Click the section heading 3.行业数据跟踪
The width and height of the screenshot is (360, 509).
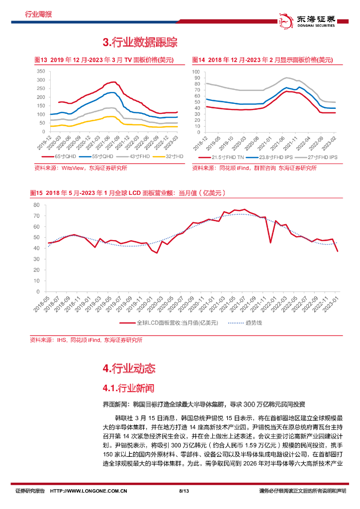point(140,42)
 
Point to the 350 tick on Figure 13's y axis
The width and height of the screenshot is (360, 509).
point(41,72)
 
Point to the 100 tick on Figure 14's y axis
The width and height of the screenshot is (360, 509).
point(195,72)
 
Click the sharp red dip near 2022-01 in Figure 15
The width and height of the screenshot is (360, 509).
point(270,243)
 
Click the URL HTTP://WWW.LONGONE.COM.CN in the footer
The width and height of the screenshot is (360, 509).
point(90,491)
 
